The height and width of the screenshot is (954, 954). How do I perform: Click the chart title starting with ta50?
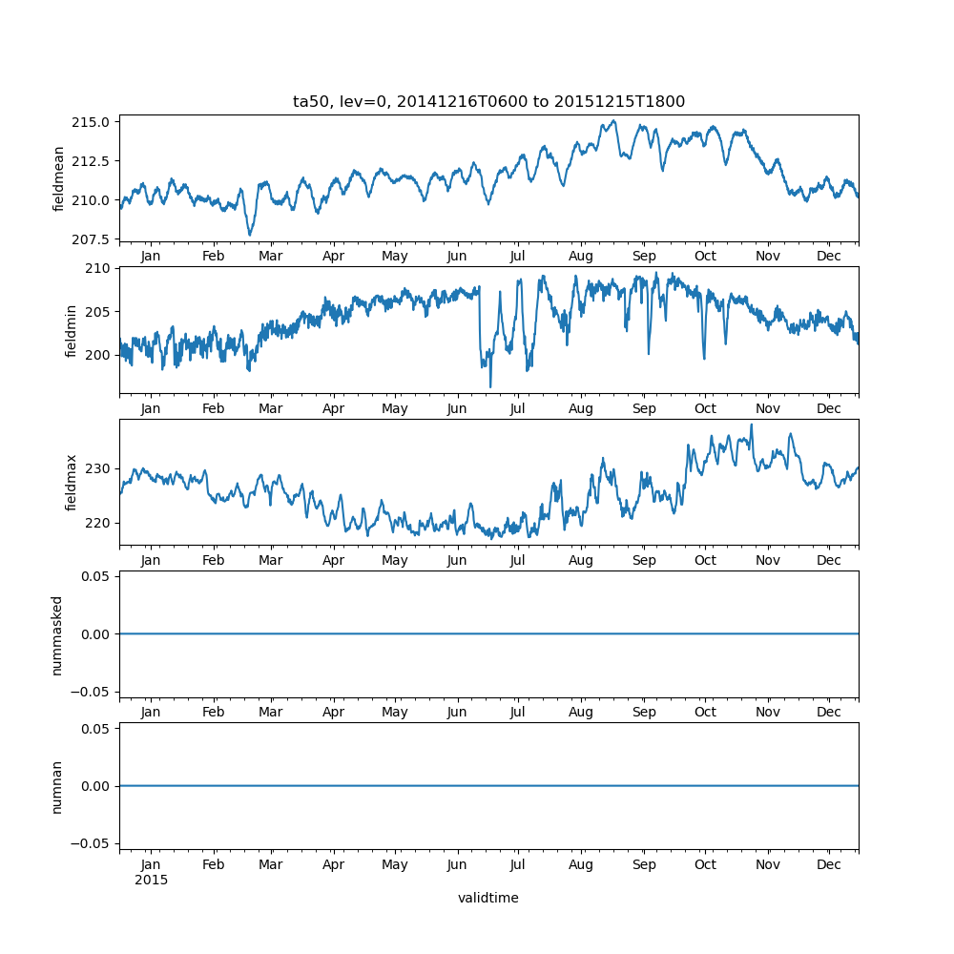pos(488,102)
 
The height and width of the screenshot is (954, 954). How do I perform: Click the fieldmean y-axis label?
pos(59,178)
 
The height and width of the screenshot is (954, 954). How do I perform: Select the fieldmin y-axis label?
pos(71,330)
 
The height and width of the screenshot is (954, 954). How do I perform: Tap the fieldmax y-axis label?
pos(71,482)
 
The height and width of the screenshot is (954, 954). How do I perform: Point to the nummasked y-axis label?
pos(57,634)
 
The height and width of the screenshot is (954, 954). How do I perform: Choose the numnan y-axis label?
pos(57,786)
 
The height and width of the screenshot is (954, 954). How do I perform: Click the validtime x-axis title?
pos(487,898)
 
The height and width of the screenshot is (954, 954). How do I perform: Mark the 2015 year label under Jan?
pos(151,880)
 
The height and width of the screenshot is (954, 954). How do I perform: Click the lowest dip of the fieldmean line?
pos(250,235)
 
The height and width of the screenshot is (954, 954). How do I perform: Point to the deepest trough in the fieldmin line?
pos(490,386)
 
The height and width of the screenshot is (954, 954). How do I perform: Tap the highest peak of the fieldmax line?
pos(751,425)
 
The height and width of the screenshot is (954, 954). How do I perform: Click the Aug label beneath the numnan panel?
pos(580,865)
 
